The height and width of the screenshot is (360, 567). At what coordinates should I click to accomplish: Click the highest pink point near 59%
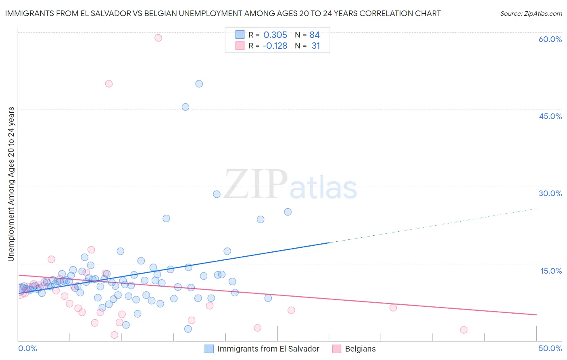158,38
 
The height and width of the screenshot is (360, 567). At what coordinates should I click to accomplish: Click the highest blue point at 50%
199,84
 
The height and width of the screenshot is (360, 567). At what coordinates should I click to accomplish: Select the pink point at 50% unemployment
108,84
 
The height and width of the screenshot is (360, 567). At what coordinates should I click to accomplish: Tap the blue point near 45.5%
186,107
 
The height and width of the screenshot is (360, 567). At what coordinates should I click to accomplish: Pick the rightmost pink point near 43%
464,330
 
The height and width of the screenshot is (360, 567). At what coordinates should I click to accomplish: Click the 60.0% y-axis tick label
550,39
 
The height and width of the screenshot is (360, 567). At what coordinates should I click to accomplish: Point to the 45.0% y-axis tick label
550,116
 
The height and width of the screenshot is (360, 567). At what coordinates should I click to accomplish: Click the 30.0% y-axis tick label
550,193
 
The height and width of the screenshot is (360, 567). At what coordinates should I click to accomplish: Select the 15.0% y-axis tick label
551,271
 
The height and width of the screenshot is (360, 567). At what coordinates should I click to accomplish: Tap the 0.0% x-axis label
27,348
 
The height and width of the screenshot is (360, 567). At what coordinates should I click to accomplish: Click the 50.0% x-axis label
550,348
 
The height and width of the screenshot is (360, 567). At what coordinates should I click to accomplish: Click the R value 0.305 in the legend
275,35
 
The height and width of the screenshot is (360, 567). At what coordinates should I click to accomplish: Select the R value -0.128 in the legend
275,46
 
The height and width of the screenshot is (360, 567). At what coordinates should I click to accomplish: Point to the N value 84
315,35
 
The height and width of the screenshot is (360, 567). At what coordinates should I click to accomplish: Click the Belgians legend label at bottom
360,349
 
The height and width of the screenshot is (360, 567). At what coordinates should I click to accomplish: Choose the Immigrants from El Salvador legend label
268,349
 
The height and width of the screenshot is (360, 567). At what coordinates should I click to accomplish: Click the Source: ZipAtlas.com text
531,14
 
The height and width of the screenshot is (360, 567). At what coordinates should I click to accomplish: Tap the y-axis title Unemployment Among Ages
11,184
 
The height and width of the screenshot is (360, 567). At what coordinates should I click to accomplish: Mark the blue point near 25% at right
288,212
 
